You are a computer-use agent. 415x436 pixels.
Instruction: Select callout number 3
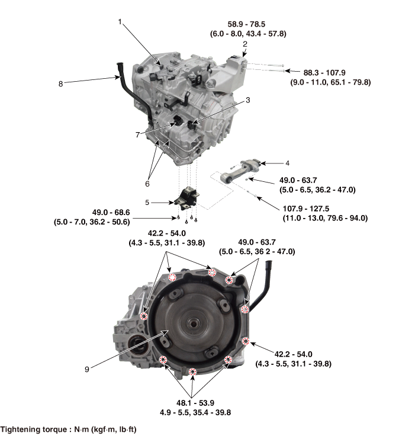tap(247, 100)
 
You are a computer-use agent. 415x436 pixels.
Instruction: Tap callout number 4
tap(287, 162)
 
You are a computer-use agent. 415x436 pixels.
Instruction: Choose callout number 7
tap(137, 134)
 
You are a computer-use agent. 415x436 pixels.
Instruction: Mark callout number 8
tap(60, 84)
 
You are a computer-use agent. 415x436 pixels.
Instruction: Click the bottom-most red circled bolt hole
tap(192, 372)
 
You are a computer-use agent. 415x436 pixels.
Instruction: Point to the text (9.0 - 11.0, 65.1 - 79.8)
tap(330, 82)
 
